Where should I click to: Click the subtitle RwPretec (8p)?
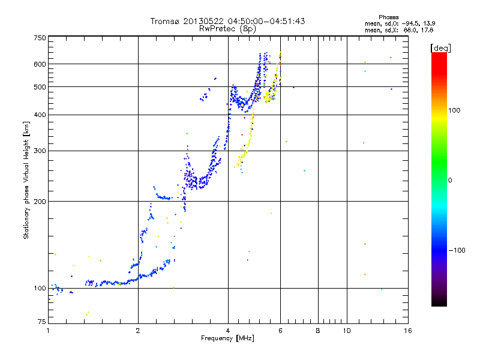coord(227,29)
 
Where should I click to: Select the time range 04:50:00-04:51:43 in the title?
coord(265,21)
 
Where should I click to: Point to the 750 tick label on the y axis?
coord(40,38)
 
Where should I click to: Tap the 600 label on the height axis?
coord(40,64)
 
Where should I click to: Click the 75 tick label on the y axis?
coord(42,322)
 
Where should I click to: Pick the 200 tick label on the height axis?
coord(40,202)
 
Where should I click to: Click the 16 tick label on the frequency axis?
coord(408,331)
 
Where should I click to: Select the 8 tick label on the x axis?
coord(318,331)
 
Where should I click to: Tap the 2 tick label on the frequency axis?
coord(138,331)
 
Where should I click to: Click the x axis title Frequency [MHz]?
coord(227,338)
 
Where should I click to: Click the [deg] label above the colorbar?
coord(440,48)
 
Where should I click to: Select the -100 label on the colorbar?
coord(457,250)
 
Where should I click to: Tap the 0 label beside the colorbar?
coord(450,181)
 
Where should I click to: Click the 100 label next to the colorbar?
coord(454,110)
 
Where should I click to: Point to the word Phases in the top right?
coord(388,17)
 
